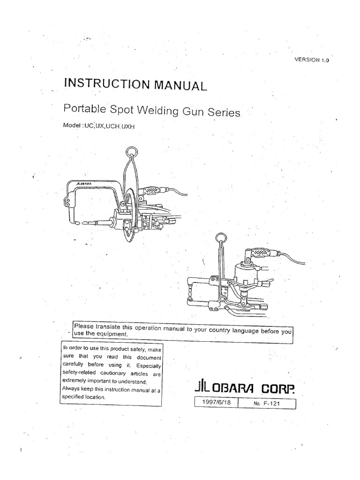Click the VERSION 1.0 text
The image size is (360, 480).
coord(312,60)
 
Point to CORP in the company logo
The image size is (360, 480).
coord(278,390)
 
